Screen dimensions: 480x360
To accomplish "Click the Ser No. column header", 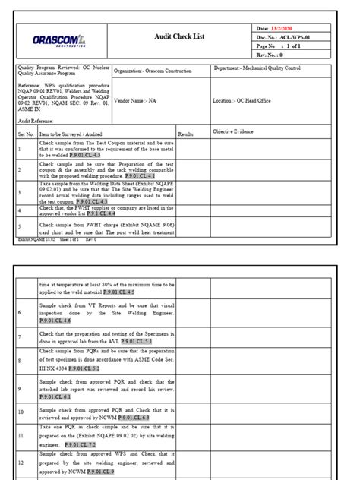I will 26,133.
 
